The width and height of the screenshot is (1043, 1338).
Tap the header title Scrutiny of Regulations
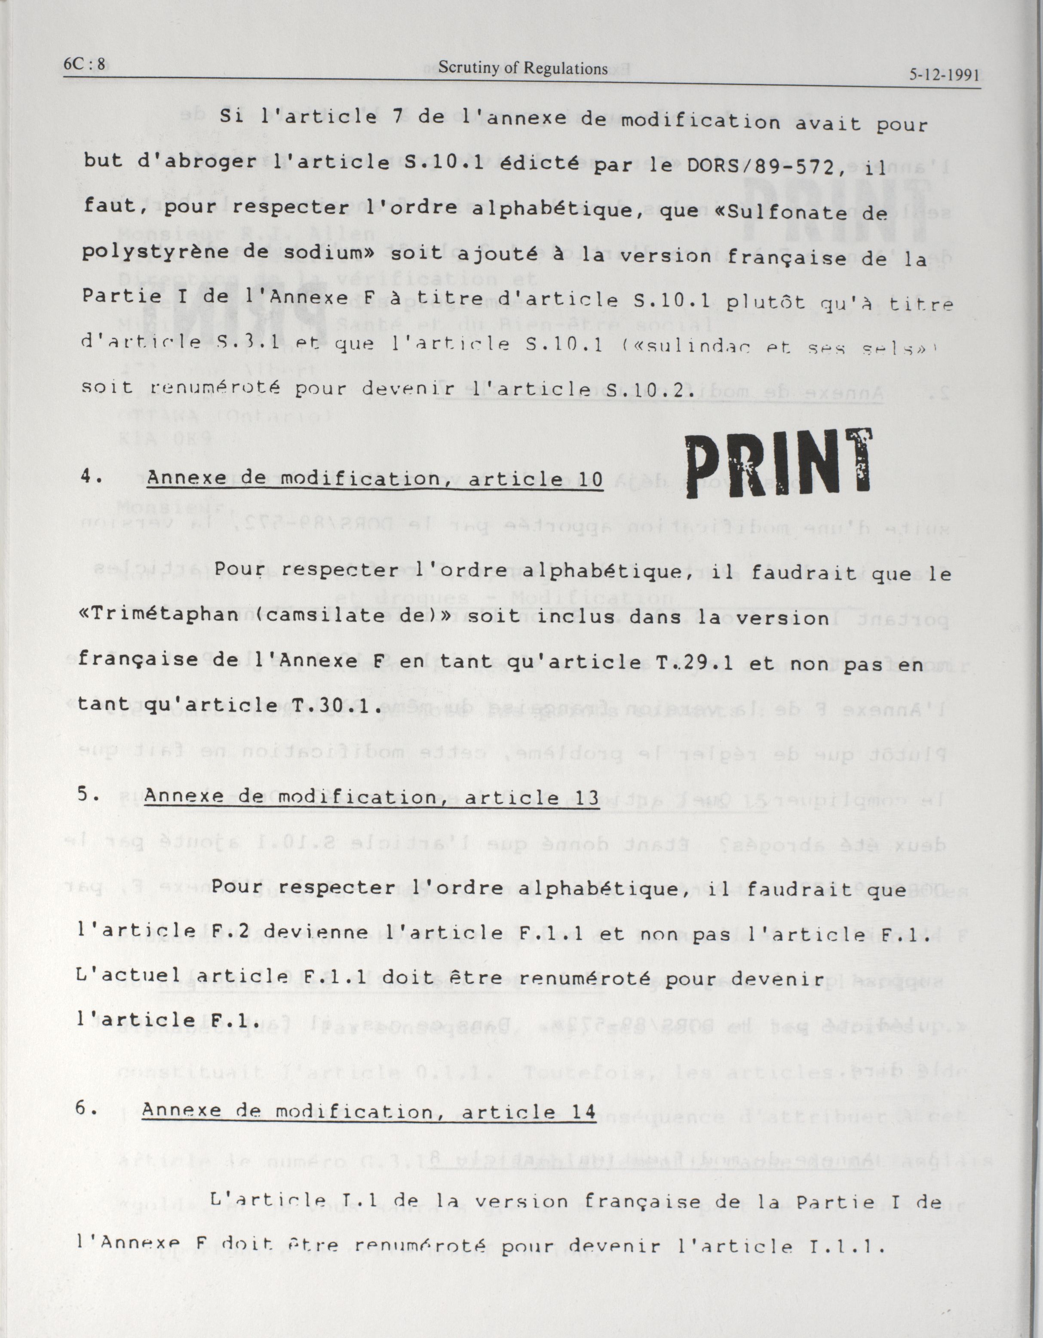[523, 69]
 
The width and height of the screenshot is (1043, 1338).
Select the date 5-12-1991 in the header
[944, 75]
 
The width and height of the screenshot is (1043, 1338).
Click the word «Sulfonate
[790, 212]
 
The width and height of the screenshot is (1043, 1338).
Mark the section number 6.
[85, 1109]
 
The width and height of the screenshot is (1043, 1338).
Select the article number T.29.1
[681, 662]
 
